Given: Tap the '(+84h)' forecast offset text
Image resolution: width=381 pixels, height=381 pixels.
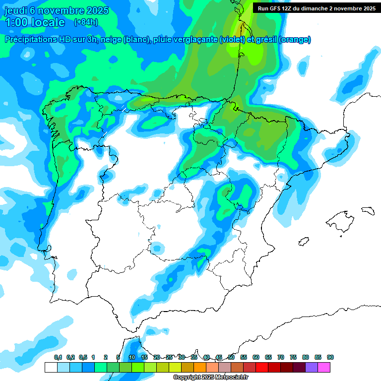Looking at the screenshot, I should pyautogui.click(x=85, y=22).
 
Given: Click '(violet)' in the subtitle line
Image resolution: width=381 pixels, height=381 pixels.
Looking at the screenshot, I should pyautogui.click(x=232, y=40).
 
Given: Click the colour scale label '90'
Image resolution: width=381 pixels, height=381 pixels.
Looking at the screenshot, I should pyautogui.click(x=330, y=357).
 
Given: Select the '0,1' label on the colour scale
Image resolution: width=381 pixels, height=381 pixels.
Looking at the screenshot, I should pyautogui.click(x=58, y=357).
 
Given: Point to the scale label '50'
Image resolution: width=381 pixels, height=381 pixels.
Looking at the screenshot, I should pyautogui.click(x=231, y=357).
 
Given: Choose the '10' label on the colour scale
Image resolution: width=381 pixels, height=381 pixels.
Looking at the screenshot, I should pyautogui.click(x=132, y=357).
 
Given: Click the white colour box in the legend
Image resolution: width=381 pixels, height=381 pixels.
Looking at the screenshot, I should pyautogui.click(x=51, y=367).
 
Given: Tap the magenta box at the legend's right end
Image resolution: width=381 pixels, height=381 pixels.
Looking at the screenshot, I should pyautogui.click(x=324, y=367).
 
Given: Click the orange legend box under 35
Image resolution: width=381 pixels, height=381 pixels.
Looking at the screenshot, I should pyautogui.click(x=199, y=367).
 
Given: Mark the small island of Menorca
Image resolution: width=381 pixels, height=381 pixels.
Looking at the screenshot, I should pyautogui.click(x=368, y=210).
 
